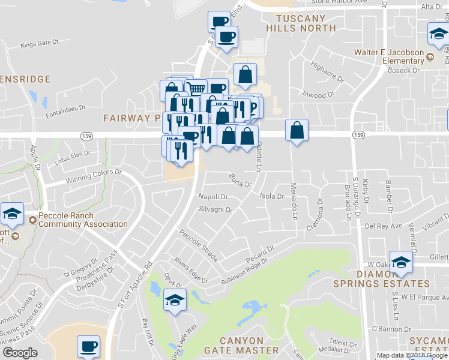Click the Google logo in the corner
20,353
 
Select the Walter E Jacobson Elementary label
397,56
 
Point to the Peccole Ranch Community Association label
83,220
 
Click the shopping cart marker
196,88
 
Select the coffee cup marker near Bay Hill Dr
89,346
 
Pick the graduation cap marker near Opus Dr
175,299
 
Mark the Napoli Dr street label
214,196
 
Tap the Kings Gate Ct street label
39,43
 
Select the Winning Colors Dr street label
93,172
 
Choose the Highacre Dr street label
327,76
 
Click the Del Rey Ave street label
384,227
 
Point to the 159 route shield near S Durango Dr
358,134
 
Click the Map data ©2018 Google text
412,355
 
